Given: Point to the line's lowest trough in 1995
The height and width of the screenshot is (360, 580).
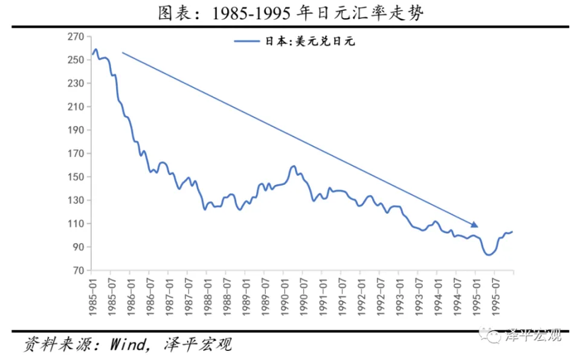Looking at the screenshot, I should pyautogui.click(x=489, y=255).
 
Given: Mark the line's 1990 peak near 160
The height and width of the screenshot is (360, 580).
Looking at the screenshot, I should pyautogui.click(x=294, y=166).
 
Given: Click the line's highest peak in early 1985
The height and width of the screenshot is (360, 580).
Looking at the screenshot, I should pyautogui.click(x=95, y=50).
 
